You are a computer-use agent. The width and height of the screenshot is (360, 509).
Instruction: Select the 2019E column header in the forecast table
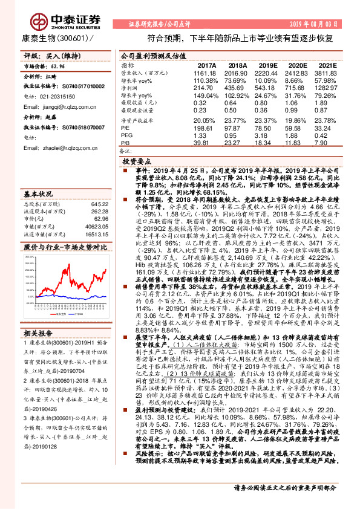[x=267, y=65]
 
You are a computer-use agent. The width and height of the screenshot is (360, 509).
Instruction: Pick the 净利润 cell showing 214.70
[x=206, y=88]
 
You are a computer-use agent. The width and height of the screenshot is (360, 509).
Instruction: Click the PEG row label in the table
[x=126, y=135]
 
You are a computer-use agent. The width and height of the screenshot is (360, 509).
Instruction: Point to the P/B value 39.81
[x=206, y=143]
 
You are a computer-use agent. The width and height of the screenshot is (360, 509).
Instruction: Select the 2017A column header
[x=206, y=65]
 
